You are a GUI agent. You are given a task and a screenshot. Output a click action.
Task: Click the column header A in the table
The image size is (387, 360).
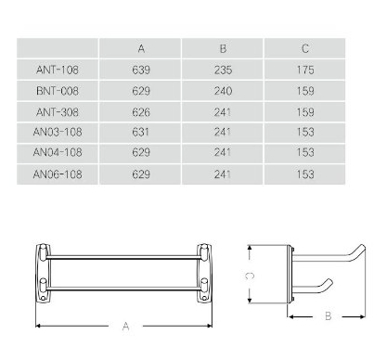(141, 48)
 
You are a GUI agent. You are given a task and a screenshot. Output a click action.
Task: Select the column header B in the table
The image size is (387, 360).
(223, 48)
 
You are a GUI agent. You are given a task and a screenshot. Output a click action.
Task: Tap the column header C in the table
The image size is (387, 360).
(305, 48)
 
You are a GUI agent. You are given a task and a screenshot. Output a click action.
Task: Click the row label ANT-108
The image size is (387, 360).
(58, 70)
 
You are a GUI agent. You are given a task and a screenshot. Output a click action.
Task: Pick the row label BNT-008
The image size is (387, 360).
(58, 91)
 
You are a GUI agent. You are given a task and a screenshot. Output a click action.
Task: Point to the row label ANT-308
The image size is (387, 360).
(58, 112)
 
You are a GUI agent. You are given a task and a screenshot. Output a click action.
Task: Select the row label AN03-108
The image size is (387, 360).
(58, 132)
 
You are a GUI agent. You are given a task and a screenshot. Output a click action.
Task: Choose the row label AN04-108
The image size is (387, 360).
(58, 152)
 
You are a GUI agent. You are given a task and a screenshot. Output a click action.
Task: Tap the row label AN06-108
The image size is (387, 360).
(58, 174)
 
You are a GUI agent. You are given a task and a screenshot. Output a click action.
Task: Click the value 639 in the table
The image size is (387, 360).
(141, 70)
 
